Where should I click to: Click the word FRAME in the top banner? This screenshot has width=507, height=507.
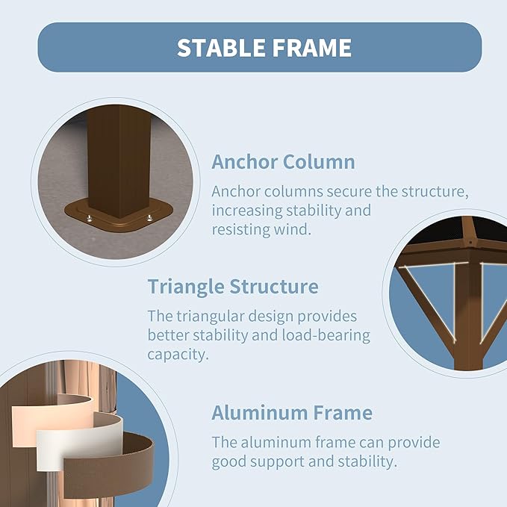[311, 48]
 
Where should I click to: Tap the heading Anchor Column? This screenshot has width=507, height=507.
[283, 162]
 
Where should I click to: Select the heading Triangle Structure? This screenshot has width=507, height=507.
[233, 287]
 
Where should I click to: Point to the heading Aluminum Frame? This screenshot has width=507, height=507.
[292, 413]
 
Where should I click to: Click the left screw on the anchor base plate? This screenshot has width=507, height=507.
[90, 219]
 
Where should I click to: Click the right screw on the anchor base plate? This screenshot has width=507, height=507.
[149, 218]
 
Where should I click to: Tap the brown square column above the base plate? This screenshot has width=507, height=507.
[119, 160]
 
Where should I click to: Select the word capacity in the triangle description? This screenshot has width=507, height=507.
[178, 355]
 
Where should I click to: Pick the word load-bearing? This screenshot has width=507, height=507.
[326, 335]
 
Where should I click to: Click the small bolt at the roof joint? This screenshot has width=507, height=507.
[470, 242]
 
